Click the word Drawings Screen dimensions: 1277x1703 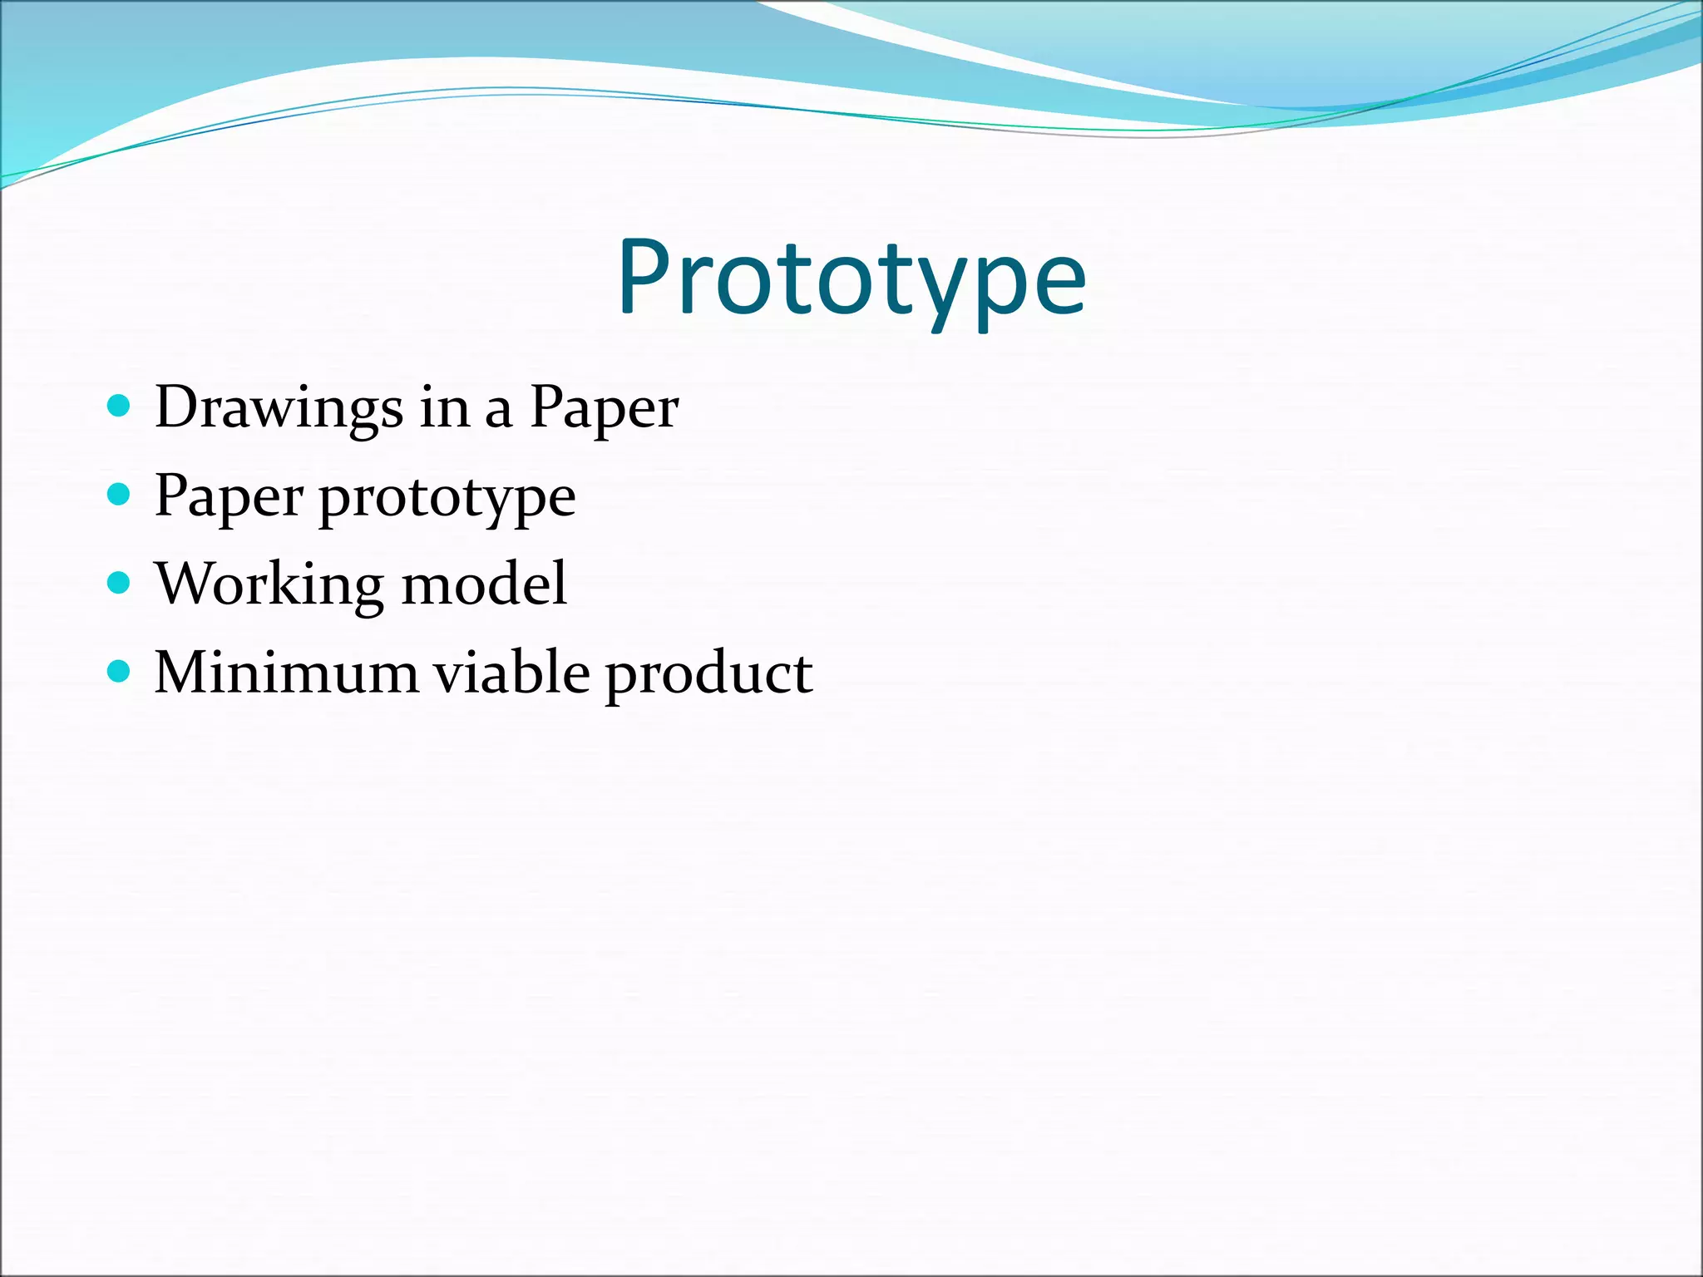279,407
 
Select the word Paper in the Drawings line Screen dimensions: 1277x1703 605,407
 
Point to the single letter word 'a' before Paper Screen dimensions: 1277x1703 498,411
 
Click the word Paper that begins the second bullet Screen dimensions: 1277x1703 229,496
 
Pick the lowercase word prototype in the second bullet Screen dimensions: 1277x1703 447,499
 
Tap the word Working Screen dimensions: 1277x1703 270,585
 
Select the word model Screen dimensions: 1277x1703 485,584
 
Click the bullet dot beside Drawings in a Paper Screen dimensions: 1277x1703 120,407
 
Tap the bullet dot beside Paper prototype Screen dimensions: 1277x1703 120,495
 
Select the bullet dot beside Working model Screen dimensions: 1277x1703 120,583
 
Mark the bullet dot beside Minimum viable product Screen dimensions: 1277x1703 120,671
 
